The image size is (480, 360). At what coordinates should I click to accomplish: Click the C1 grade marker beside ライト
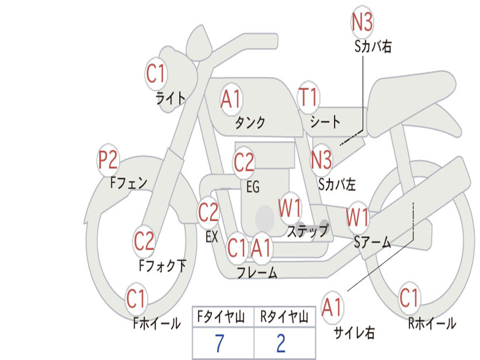click(156, 73)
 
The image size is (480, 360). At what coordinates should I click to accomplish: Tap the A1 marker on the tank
click(231, 100)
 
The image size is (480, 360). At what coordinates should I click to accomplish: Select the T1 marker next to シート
click(308, 97)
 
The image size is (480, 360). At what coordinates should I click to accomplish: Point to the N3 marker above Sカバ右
click(362, 22)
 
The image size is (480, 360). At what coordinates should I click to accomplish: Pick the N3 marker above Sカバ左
click(322, 160)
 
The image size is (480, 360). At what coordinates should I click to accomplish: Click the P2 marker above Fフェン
click(107, 161)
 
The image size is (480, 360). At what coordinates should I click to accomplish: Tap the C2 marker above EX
click(208, 213)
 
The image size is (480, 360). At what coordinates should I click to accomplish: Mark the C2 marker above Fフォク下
click(144, 241)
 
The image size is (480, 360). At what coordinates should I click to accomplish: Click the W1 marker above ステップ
click(290, 209)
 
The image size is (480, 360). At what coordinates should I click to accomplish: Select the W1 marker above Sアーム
click(357, 217)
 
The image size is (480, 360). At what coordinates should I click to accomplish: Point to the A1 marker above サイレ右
click(332, 307)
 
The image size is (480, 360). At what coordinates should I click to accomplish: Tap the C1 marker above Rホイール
click(409, 298)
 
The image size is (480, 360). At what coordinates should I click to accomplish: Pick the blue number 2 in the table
click(281, 344)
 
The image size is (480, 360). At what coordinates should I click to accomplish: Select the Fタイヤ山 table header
click(220, 318)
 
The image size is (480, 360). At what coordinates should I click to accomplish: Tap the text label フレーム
click(256, 273)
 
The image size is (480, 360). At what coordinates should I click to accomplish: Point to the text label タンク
click(250, 123)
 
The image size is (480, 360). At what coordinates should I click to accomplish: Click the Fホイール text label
click(157, 323)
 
